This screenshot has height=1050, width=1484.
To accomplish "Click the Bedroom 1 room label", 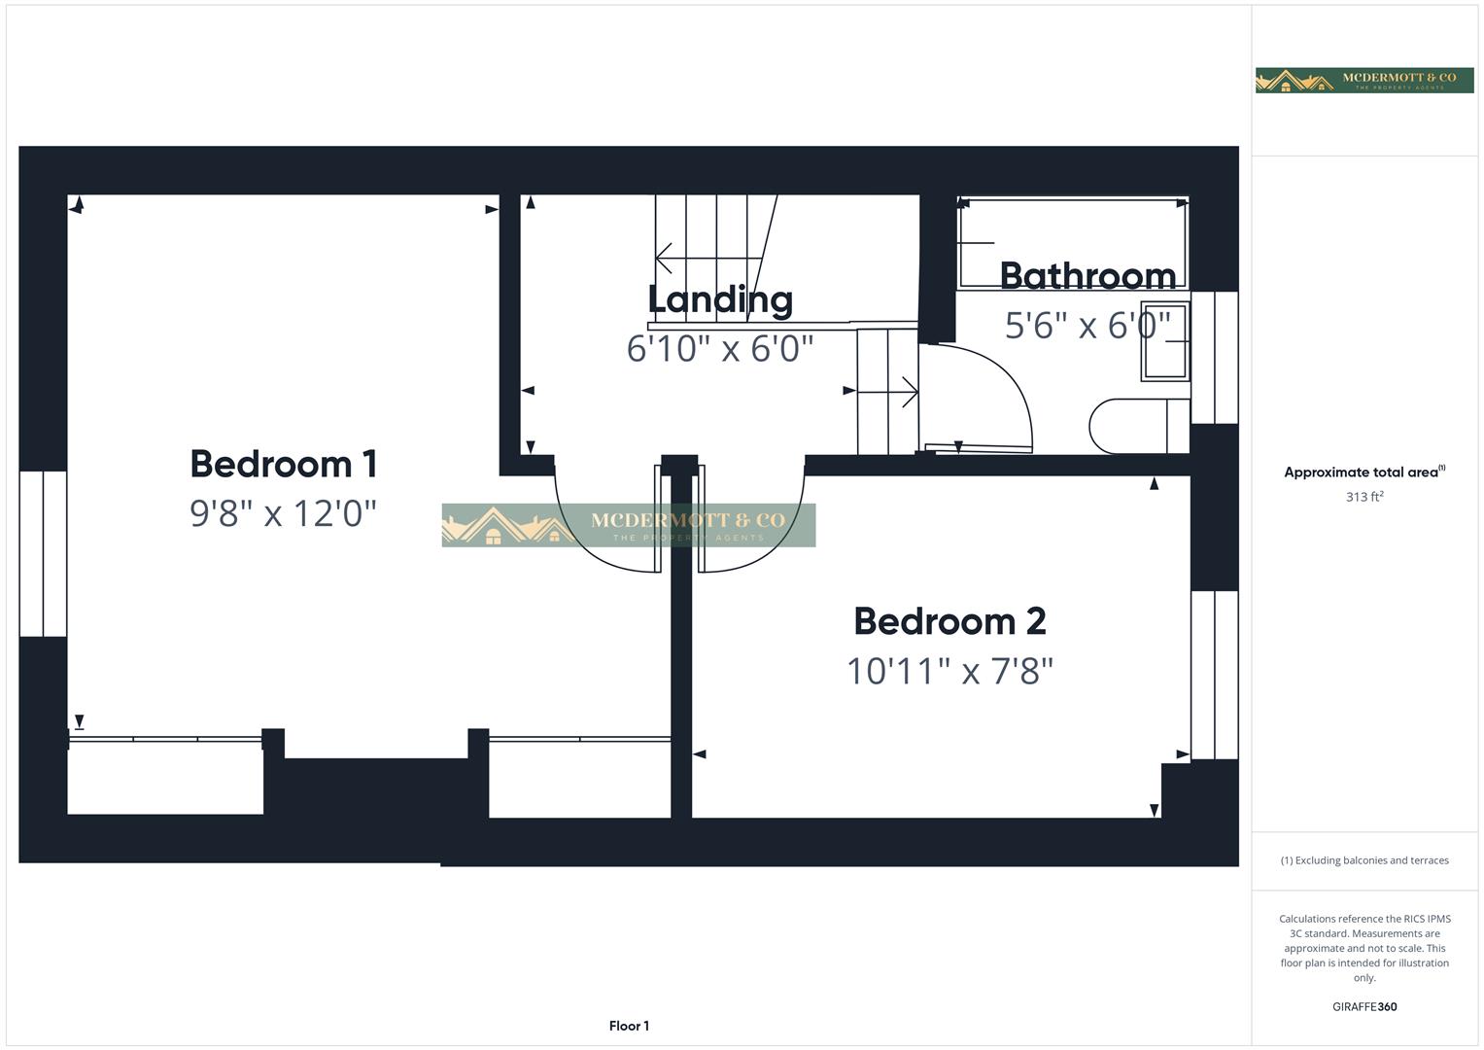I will tap(283, 464).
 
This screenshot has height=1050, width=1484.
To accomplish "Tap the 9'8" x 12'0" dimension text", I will tap(283, 512).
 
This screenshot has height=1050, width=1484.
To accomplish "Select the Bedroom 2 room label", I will tap(949, 621).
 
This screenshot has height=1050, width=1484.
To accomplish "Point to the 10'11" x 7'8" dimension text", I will tap(949, 671).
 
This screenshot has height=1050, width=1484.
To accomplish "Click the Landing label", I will tap(720, 299).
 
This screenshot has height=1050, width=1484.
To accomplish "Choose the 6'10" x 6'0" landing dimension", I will tap(720, 347).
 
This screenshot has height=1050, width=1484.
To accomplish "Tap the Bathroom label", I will tap(1087, 276).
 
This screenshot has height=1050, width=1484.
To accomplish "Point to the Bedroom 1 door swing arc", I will tap(593, 535).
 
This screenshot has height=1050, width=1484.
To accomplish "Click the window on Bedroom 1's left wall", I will tap(43, 554).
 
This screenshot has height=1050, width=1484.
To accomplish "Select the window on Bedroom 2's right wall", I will tap(1215, 675).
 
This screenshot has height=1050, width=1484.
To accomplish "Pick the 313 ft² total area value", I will tap(1364, 497).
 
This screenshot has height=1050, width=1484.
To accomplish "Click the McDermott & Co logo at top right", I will tap(1364, 81).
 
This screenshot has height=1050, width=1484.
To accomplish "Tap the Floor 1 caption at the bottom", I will tap(629, 1026).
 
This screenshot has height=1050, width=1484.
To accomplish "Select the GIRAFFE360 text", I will tap(1364, 1006).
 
